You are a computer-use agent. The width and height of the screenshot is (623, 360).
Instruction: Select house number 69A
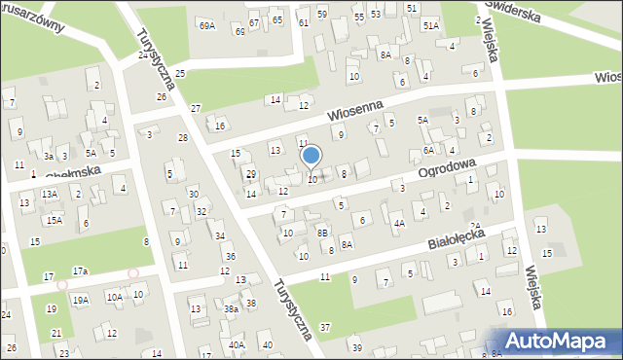click(x=206, y=25)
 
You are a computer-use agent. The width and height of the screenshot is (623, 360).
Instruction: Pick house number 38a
click(x=231, y=308)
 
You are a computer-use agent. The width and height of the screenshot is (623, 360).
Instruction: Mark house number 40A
click(x=236, y=344)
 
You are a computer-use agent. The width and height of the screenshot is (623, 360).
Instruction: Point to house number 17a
click(x=80, y=270)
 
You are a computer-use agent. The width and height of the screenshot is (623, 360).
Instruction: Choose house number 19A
click(x=80, y=301)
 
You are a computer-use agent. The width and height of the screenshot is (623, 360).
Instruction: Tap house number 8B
click(x=321, y=233)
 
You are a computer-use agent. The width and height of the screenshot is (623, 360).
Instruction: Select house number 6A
click(x=428, y=151)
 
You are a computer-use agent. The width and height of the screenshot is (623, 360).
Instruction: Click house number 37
click(x=325, y=327)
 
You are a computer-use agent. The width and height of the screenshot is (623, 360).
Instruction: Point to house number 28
click(x=182, y=138)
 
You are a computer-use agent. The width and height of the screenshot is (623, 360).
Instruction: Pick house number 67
click(x=254, y=22)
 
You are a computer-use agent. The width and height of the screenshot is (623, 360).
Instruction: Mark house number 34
click(x=220, y=235)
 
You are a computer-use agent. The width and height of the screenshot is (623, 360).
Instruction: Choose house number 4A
click(x=399, y=223)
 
